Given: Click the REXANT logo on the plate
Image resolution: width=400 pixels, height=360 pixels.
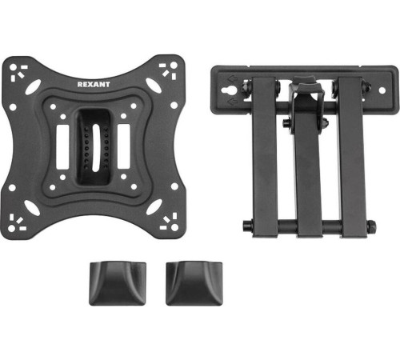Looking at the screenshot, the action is point(94,84).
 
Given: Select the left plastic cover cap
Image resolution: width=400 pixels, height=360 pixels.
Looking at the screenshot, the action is point(118,283).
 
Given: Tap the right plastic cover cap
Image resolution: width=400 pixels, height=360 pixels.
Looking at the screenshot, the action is point(194,283).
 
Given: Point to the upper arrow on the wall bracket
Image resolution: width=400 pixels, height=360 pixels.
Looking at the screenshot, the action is point(231,79).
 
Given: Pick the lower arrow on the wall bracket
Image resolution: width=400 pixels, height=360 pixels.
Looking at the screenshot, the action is point(231,102).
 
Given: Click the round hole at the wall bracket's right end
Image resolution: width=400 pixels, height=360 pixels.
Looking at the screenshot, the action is point(382,90).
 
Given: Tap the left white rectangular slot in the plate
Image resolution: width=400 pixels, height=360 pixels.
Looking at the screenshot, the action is point(63,146).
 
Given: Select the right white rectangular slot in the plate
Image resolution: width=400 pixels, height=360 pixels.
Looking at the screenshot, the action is point(124,146).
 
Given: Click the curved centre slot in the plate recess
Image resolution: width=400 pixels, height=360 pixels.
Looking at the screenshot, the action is point(96,148).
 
